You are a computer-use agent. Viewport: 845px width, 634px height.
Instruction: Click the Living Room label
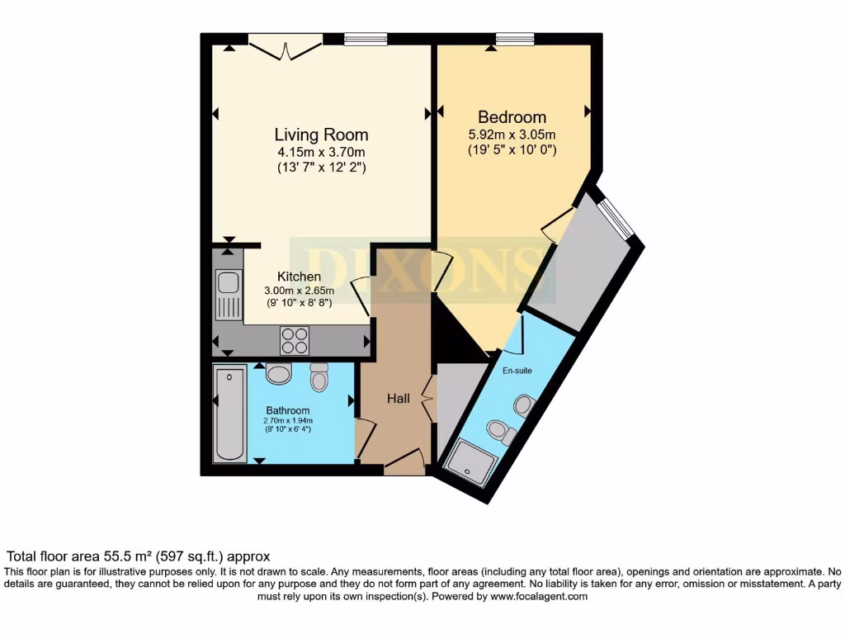(x=321, y=135)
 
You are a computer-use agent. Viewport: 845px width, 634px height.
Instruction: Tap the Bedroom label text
(x=512, y=117)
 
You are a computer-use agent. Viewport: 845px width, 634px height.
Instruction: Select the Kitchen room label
(x=299, y=277)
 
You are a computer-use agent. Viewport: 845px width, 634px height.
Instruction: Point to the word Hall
(x=399, y=399)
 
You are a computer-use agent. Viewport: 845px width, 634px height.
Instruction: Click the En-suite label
(x=517, y=371)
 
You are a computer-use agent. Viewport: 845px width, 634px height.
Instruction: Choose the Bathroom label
(x=287, y=410)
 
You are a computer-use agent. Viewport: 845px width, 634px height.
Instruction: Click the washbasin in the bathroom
(x=279, y=373)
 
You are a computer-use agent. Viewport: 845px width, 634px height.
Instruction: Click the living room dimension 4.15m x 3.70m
(x=321, y=152)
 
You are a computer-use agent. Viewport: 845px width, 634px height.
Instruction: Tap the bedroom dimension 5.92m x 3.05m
(x=512, y=135)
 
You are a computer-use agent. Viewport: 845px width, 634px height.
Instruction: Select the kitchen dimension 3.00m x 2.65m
(x=299, y=291)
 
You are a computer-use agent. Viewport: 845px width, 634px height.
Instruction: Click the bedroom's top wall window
(x=514, y=38)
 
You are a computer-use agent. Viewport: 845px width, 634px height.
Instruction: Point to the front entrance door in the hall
(x=404, y=463)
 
